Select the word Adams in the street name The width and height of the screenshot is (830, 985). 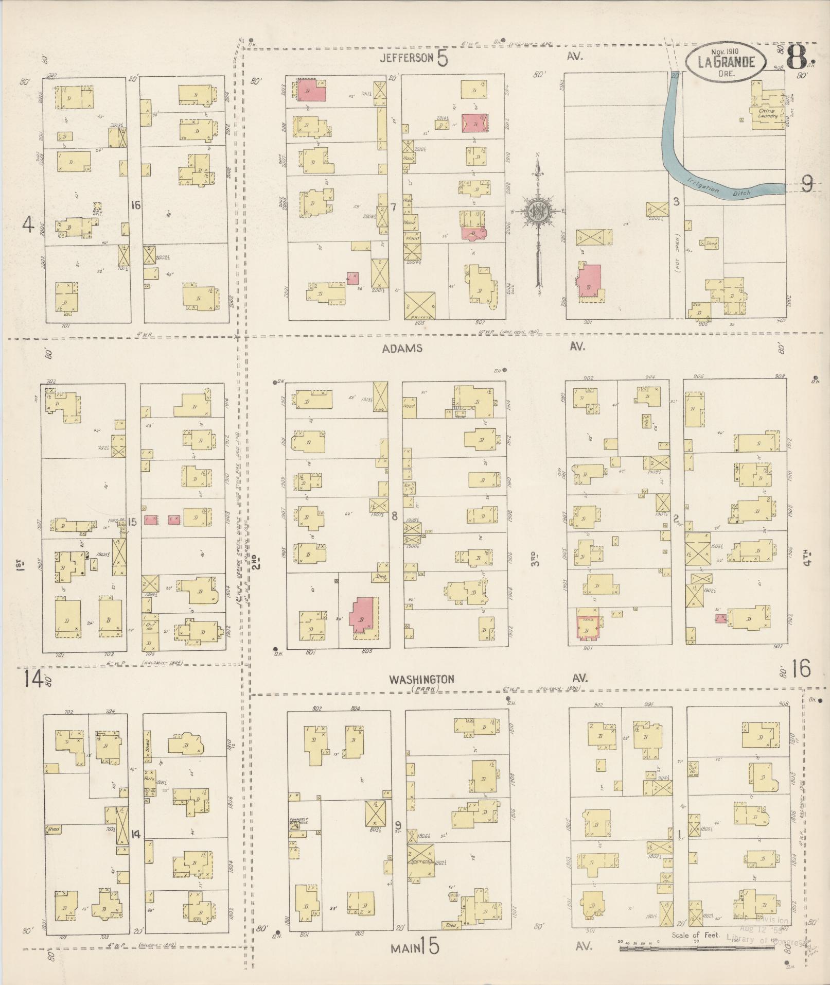402,349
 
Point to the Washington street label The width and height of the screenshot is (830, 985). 421,679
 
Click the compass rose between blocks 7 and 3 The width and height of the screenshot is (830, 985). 538,211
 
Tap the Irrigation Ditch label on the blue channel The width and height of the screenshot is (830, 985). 719,188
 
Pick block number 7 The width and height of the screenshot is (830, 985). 393,208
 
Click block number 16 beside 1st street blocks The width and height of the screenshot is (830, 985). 136,205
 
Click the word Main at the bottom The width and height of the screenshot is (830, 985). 403,947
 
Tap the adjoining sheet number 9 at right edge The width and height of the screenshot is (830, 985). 807,184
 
